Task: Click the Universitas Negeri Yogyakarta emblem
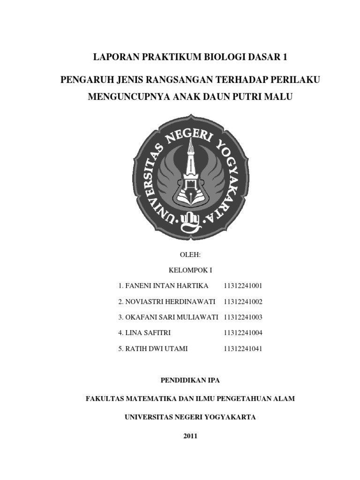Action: pos(190,175)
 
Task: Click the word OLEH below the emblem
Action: pos(190,255)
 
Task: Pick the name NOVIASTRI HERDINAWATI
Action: pos(170,301)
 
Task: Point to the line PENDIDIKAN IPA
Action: pos(190,380)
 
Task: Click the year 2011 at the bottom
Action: pos(190,436)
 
